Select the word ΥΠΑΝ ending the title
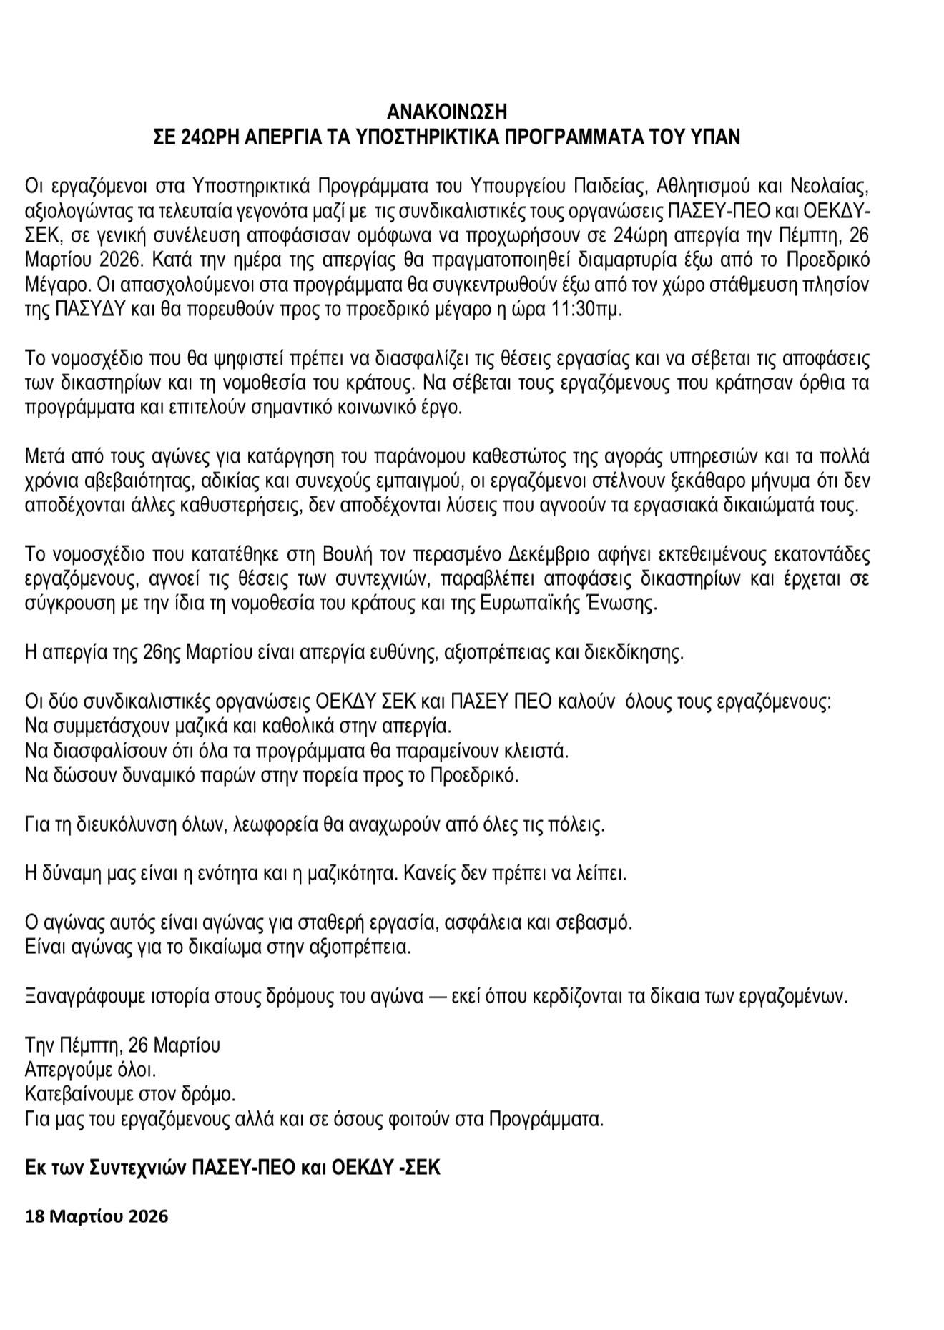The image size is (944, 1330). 716,137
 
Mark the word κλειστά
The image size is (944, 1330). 539,752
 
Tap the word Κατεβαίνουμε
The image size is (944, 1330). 83,1095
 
